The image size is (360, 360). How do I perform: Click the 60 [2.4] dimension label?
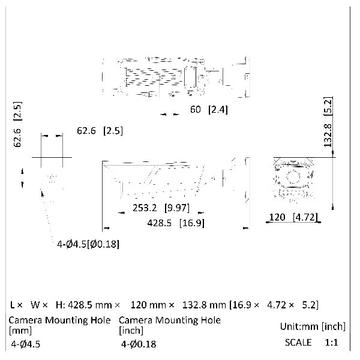[209, 110]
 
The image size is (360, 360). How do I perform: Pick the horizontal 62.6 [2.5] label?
[100, 130]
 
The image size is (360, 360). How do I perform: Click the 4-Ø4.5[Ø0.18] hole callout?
[88, 244]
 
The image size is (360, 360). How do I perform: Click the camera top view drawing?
[175, 77]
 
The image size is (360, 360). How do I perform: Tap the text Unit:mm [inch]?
[313, 326]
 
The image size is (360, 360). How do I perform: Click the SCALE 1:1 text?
[311, 343]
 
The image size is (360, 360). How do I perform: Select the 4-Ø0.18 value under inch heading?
[139, 344]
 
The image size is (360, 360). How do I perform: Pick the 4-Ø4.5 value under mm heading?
[28, 344]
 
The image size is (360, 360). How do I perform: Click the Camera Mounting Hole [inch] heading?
[170, 325]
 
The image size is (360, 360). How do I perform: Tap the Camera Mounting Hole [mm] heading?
[59, 325]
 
